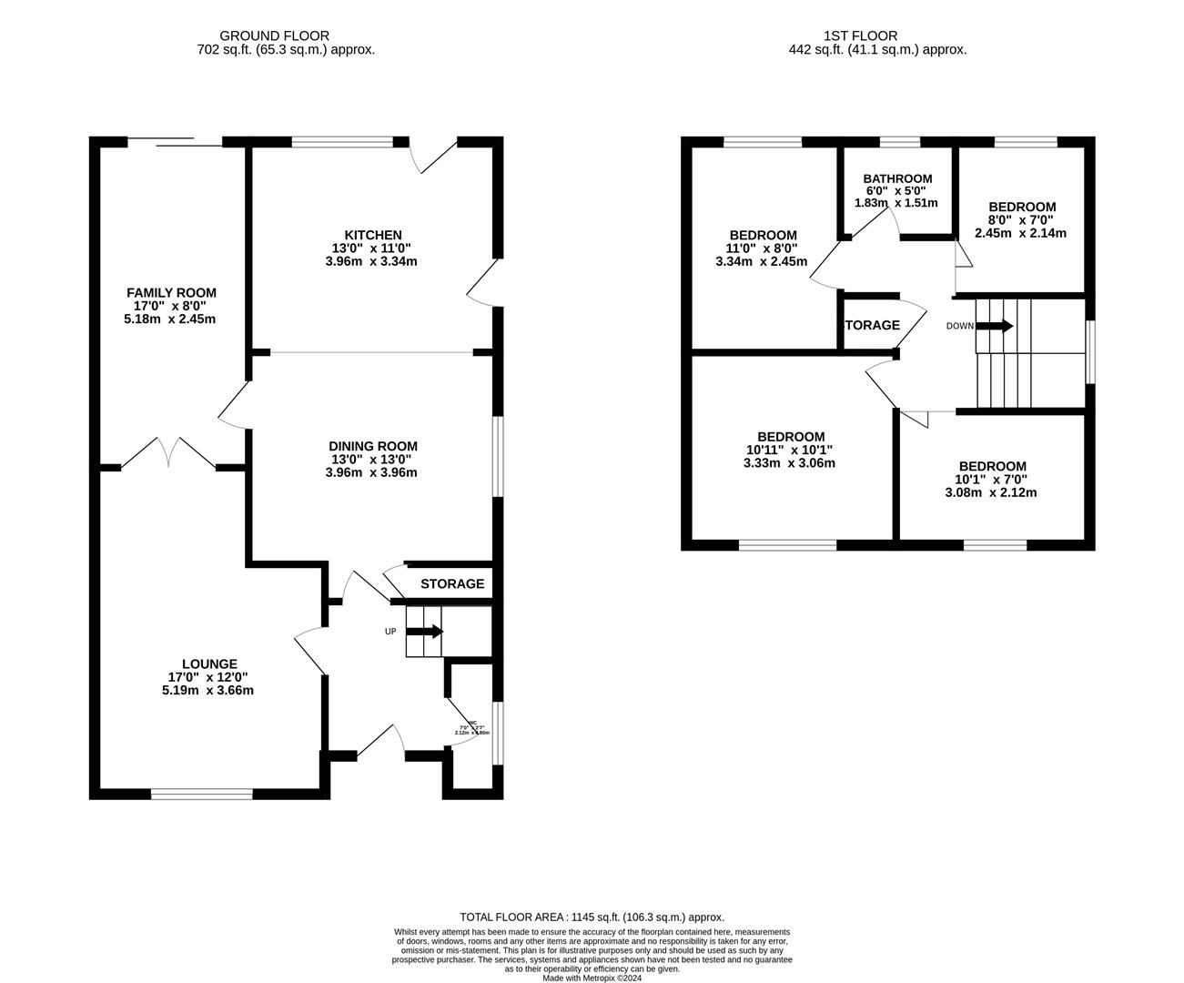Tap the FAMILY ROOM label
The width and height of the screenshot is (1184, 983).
pyautogui.click(x=171, y=292)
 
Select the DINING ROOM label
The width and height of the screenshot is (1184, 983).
pyautogui.click(x=372, y=446)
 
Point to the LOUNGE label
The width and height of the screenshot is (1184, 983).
pyautogui.click(x=208, y=664)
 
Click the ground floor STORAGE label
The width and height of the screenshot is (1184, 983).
pyautogui.click(x=451, y=583)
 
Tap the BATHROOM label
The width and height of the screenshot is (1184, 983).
pyautogui.click(x=897, y=178)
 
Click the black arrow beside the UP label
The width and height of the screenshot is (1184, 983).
pyautogui.click(x=426, y=631)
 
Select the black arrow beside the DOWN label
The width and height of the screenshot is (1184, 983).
pyautogui.click(x=995, y=326)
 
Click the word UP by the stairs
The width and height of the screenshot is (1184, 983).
pyautogui.click(x=390, y=631)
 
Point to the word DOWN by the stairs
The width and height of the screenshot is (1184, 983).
pyautogui.click(x=959, y=326)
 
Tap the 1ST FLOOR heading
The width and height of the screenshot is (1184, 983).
pyautogui.click(x=877, y=35)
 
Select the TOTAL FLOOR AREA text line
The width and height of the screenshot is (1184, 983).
pyautogui.click(x=592, y=917)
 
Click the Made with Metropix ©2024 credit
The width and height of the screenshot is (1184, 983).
pyautogui.click(x=592, y=978)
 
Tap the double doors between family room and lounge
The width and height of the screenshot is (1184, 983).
pyautogui.click(x=168, y=452)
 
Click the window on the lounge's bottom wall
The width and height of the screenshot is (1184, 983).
pyautogui.click(x=201, y=795)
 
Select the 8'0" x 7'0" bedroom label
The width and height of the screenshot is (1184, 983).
pyautogui.click(x=1021, y=207)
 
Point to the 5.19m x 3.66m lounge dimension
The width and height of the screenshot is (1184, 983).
pyautogui.click(x=207, y=690)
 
